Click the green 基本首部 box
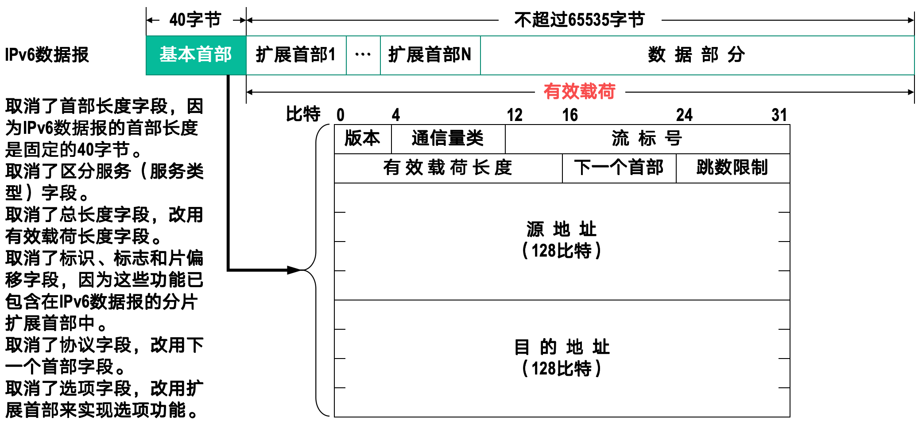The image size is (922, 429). [196, 55]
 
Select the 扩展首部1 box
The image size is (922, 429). [296, 55]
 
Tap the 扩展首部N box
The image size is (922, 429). [430, 55]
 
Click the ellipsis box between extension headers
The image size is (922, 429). [363, 55]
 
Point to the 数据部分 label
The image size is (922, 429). [697, 55]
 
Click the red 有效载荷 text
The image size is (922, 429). [579, 91]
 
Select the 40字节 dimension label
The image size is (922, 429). [195, 20]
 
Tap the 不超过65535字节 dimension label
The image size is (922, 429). [579, 20]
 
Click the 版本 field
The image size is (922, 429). [362, 139]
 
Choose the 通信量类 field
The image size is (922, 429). [448, 139]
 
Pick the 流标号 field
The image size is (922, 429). [647, 139]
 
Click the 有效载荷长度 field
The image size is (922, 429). [448, 168]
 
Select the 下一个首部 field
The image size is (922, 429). [619, 168]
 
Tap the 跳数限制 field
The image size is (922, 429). [732, 168]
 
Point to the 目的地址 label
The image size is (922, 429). [562, 347]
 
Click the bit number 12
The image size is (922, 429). [515, 115]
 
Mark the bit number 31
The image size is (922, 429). [779, 115]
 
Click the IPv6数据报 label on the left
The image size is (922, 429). [47, 55]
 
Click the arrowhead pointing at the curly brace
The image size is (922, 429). [294, 270]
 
